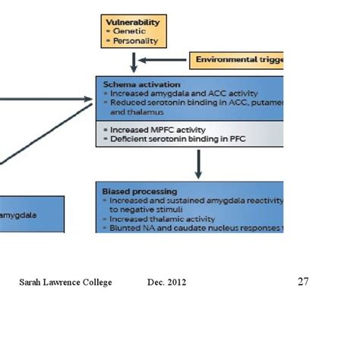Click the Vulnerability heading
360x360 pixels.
click(133, 23)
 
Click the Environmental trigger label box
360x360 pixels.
click(237, 59)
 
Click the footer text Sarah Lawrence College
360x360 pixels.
click(65, 283)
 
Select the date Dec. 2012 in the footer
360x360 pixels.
click(167, 283)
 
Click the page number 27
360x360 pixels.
click(303, 282)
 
